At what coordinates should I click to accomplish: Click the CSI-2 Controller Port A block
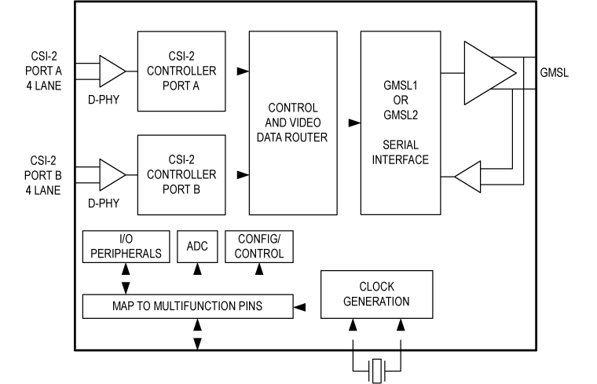pyautogui.click(x=181, y=71)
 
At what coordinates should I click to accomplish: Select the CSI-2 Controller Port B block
pyautogui.click(x=181, y=174)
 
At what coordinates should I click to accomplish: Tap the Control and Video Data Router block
pyautogui.click(x=292, y=123)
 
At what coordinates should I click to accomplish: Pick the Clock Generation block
pyautogui.click(x=376, y=294)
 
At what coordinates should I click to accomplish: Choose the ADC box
pyautogui.click(x=197, y=246)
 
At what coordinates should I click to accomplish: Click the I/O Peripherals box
pyautogui.click(x=126, y=246)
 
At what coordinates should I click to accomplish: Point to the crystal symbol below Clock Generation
pyautogui.click(x=377, y=366)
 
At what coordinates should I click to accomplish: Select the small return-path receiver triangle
pyautogui.click(x=469, y=177)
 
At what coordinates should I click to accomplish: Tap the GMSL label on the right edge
pyautogui.click(x=555, y=73)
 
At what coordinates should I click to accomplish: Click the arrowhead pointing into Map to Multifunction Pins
pyautogui.click(x=298, y=305)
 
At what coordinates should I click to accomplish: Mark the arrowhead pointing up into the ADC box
pyautogui.click(x=198, y=269)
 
